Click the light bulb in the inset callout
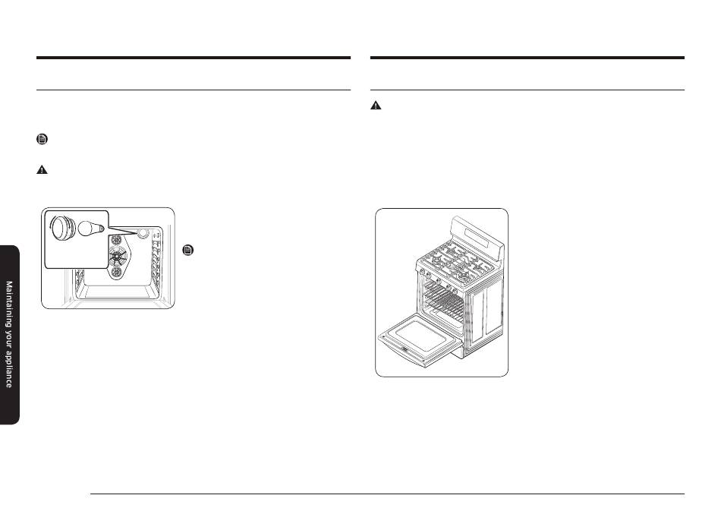(90, 229)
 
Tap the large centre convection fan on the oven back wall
(117, 256)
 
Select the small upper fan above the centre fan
(116, 240)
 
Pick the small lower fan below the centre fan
(116, 272)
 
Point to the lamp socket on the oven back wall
(143, 233)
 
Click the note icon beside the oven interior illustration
(188, 251)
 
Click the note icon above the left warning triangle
(42, 139)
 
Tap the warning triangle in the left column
(42, 170)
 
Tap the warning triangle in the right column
(376, 106)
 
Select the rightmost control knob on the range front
(455, 291)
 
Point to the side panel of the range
(486, 313)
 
